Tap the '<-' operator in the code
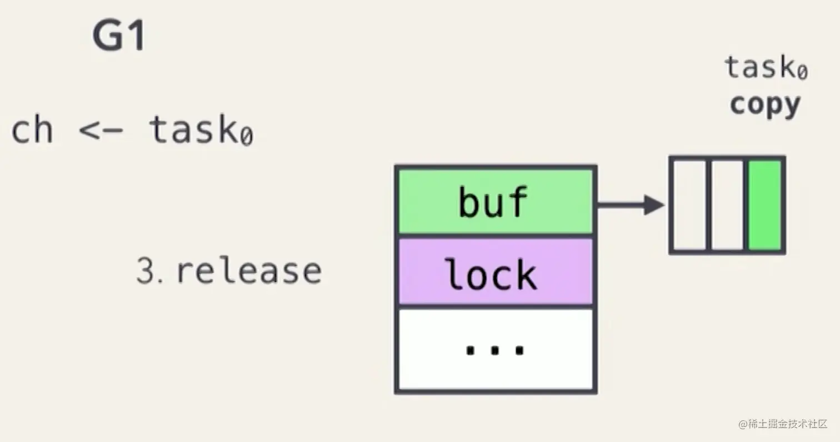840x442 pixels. [x=101, y=130]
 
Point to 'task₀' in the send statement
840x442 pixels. [x=201, y=130]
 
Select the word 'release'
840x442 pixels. [x=249, y=271]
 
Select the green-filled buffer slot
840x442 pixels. [x=765, y=205]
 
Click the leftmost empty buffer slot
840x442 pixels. [x=689, y=205]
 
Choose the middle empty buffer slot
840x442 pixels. [x=727, y=205]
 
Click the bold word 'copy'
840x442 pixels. [x=765, y=105]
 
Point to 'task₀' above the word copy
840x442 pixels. [x=766, y=68]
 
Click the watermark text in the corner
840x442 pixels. [x=783, y=424]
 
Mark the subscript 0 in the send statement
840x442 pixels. [x=246, y=136]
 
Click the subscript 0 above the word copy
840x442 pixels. [x=802, y=72]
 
